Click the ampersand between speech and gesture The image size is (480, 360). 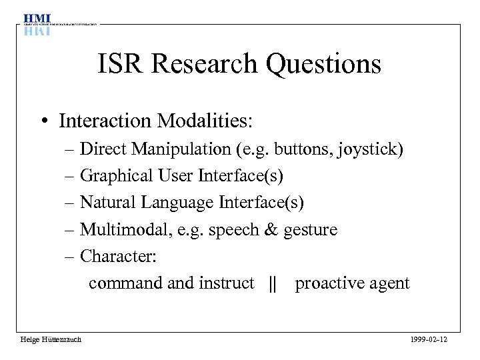pyautogui.click(x=271, y=230)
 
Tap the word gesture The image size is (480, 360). pyautogui.click(x=311, y=231)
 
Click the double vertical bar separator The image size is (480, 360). pyautogui.click(x=271, y=283)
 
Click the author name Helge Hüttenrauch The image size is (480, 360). pyautogui.click(x=51, y=340)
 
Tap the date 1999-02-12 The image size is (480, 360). pyautogui.click(x=430, y=340)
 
